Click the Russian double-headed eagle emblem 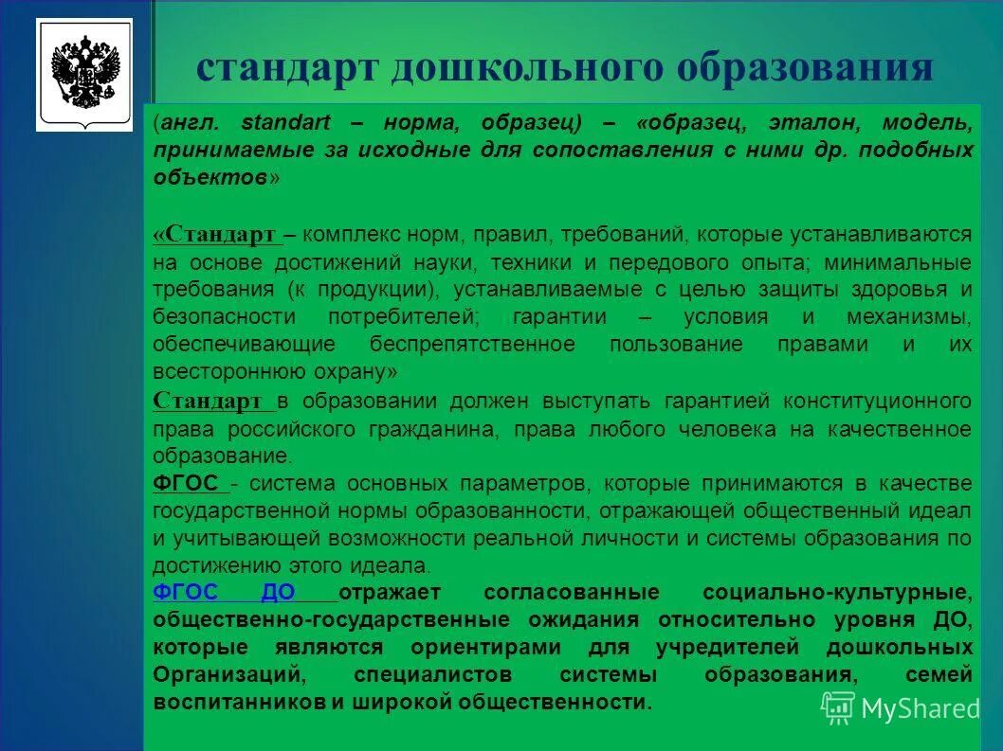point(84,74)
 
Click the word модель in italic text point(927,123)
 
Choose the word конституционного point(877,401)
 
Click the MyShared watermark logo point(900,707)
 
